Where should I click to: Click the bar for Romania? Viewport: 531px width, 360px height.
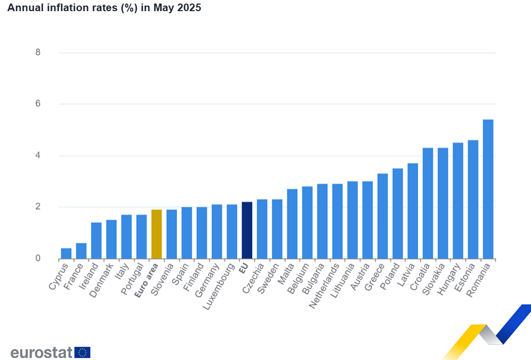coord(487,189)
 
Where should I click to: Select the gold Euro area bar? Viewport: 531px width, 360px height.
coord(157,234)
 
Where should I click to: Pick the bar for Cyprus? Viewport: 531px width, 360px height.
coord(66,253)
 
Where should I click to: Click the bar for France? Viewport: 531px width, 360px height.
coord(81,251)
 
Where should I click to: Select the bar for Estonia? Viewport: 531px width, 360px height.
coord(473,199)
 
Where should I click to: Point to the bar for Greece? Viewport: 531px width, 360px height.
coord(382,216)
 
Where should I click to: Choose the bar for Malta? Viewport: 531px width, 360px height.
coord(292,224)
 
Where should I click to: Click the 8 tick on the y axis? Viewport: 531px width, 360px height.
coord(38,53)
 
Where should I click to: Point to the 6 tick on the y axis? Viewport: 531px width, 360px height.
coord(38,104)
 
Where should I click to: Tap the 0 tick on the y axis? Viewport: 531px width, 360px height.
coord(38,259)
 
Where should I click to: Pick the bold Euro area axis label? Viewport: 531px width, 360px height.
coord(146,280)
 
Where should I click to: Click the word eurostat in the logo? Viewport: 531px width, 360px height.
coord(41,352)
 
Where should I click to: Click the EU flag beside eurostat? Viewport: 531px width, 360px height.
coord(82,352)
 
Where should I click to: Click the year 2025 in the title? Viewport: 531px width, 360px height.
coord(190,8)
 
